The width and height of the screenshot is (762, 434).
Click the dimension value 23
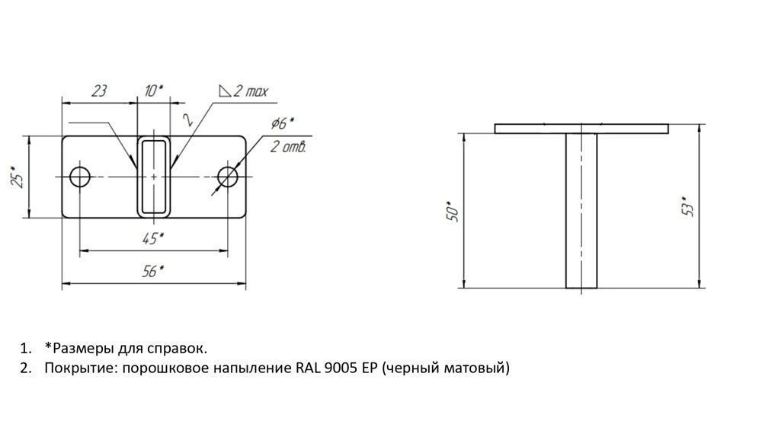pos(99,91)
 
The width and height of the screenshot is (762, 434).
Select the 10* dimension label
pos(154,91)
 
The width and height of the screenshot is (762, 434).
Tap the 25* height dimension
pos(18,177)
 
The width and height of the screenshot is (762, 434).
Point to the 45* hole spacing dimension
pos(152,239)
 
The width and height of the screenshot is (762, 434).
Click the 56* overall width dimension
pos(152,271)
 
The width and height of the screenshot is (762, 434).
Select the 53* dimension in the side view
pos(688,206)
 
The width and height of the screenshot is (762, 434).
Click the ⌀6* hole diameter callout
pos(283,123)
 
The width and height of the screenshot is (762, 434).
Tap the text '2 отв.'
pos(288,146)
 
